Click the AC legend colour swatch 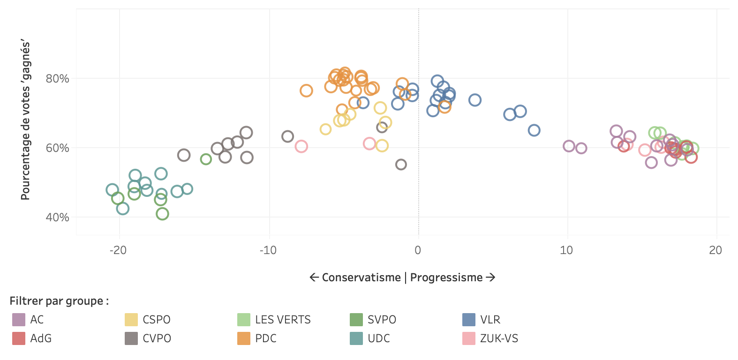(x=19, y=320)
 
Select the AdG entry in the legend (x=40, y=338)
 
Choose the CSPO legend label (x=156, y=320)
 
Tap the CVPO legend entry (x=157, y=338)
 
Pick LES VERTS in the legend (x=283, y=320)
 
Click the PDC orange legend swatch (x=244, y=338)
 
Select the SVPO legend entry (x=382, y=320)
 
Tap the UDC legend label (x=379, y=338)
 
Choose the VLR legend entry (x=490, y=320)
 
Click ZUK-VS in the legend (x=499, y=338)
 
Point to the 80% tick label (x=57, y=79)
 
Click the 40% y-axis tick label (x=57, y=217)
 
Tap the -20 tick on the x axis (x=118, y=250)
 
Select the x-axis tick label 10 (x=566, y=250)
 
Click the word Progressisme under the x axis (x=446, y=277)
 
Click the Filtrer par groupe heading (x=59, y=301)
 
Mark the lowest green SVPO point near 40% (x=162, y=214)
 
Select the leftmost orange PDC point (x=306, y=91)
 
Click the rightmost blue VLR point (x=534, y=130)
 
